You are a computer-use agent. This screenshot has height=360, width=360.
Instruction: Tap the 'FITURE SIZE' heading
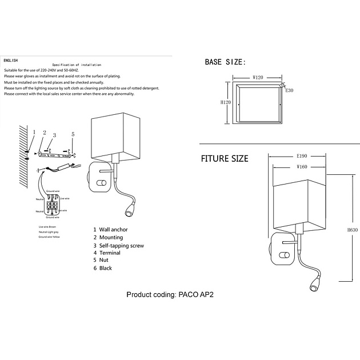[x=224, y=158]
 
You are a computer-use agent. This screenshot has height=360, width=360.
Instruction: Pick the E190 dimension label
[x=303, y=155]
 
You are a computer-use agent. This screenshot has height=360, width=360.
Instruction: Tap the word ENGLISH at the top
[x=11, y=60]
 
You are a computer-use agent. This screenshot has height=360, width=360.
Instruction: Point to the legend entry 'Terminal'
[x=110, y=253]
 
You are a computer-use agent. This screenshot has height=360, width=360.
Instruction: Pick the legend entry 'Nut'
[x=103, y=260]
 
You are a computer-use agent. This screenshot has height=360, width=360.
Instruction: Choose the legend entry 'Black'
[x=106, y=268]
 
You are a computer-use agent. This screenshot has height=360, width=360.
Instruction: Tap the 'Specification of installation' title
[x=77, y=65]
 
